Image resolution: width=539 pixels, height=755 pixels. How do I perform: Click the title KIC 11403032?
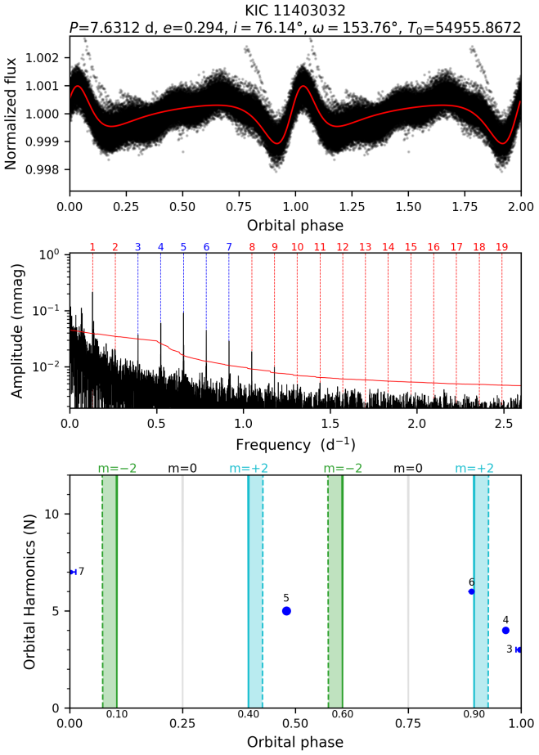click(295, 11)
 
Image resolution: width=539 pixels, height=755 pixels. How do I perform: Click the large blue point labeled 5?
click(286, 611)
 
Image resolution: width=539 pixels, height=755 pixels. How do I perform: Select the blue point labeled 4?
click(505, 631)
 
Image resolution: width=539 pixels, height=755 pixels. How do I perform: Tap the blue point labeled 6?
click(471, 591)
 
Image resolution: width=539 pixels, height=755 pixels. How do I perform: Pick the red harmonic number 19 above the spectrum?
click(502, 247)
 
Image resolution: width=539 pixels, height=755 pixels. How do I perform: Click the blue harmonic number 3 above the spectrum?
click(137, 247)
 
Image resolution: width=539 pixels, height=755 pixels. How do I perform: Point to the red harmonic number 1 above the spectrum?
click(92, 247)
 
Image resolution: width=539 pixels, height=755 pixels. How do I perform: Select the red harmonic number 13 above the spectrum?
click(366, 247)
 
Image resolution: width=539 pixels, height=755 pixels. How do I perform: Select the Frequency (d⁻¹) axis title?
click(295, 446)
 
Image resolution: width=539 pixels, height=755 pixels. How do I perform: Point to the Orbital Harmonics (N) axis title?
click(30, 591)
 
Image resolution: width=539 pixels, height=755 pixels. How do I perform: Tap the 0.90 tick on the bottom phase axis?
click(474, 724)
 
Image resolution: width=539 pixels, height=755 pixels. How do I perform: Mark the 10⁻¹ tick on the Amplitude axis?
click(50, 311)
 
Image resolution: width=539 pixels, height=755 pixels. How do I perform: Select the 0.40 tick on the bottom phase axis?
click(249, 724)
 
